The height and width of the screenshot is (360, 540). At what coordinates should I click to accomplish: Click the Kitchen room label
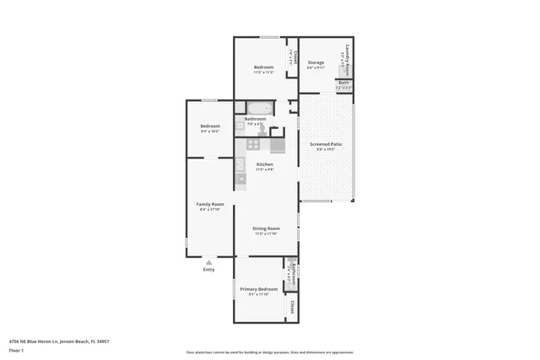(264, 164)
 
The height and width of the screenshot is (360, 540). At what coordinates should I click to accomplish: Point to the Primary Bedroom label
(258, 289)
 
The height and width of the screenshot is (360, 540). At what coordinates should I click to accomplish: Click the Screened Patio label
(325, 144)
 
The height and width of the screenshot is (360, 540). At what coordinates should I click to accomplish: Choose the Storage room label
(316, 63)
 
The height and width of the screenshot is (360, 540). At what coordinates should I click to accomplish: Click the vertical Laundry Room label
(346, 56)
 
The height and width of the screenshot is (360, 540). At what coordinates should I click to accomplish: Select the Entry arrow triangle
(209, 262)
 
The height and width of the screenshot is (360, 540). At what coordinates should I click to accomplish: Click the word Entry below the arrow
(209, 270)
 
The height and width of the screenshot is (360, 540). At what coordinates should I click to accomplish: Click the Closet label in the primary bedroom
(292, 306)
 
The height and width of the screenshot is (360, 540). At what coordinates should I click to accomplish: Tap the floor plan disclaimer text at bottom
(269, 352)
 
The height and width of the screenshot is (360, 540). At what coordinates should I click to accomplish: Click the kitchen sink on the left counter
(240, 177)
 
